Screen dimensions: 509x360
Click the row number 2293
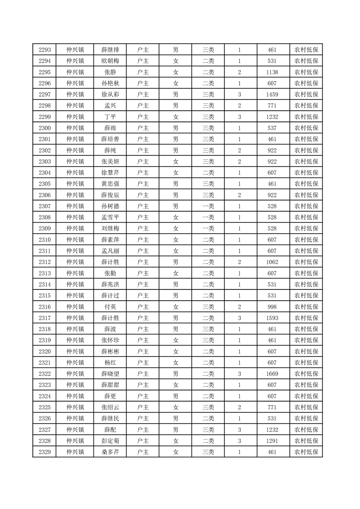45,50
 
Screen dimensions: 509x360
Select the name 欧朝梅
110,61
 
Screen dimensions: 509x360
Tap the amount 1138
272,72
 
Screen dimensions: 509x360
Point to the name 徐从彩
110,94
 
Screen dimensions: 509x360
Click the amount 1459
272,94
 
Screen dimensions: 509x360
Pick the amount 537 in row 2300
272,128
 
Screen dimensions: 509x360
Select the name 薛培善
110,139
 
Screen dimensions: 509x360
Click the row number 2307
45,206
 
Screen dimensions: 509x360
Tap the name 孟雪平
110,217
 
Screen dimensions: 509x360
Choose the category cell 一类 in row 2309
208,228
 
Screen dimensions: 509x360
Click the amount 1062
272,262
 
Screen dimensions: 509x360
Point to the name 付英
110,307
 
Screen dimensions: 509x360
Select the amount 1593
272,318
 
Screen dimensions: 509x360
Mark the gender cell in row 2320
176,351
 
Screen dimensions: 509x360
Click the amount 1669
272,373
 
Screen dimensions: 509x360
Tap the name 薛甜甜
110,385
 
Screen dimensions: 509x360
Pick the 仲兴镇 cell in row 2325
75,407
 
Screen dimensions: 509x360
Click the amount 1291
272,440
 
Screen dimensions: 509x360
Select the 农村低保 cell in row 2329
306,452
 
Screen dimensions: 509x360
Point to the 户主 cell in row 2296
143,83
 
